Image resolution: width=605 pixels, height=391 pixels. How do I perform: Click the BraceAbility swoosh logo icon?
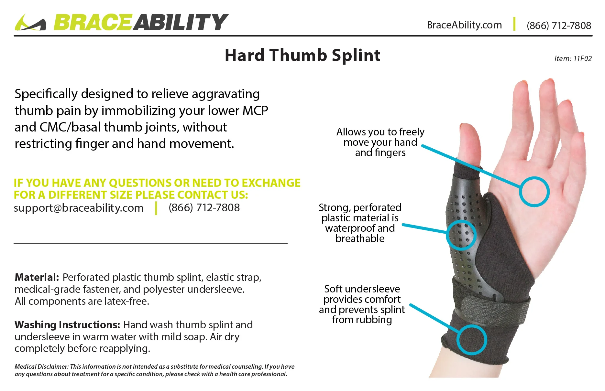[x=30, y=23]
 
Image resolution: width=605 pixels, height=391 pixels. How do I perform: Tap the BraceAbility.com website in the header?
[x=464, y=25]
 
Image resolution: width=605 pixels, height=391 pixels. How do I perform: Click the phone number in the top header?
[x=559, y=26]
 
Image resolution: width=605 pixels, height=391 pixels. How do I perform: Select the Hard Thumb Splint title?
[x=302, y=55]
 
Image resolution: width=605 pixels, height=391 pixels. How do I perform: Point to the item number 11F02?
[x=573, y=58]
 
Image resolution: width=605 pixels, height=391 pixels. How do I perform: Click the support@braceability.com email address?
[x=79, y=208]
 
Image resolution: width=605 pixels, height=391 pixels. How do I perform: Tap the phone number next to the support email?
[x=204, y=207]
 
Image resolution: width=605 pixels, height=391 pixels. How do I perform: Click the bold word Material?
[x=37, y=277]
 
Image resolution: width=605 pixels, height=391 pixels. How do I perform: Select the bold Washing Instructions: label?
[x=67, y=325]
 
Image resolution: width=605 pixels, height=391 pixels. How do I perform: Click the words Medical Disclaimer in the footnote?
[x=41, y=366]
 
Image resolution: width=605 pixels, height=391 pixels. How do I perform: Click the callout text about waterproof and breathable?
[x=360, y=223]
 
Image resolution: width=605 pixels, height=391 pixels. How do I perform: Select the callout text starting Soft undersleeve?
[x=362, y=304]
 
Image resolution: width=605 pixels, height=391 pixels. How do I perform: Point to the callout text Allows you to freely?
[x=380, y=142]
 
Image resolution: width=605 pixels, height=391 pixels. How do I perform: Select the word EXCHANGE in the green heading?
[x=271, y=183]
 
